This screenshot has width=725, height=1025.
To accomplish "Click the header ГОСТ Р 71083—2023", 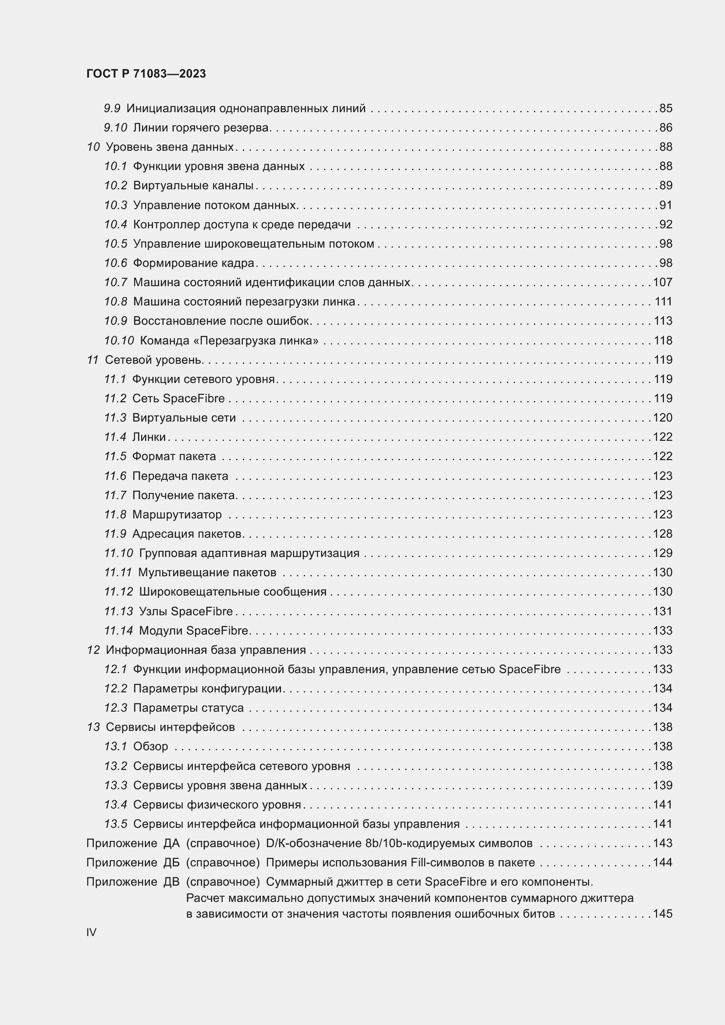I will pos(146,74).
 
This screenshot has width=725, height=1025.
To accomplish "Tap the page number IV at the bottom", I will pos(91,932).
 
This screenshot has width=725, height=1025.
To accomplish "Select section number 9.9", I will pos(112,109).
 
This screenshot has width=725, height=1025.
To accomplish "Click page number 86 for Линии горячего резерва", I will pos(666,128).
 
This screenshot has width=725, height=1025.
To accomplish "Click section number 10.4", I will pos(116,224).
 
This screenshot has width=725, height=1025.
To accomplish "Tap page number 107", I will pos(662,282).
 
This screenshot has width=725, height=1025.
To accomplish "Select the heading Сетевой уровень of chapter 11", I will pos(154,360).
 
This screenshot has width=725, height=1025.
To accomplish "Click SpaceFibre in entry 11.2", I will pos(194,398).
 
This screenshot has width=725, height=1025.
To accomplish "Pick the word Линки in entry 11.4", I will pos(149,437).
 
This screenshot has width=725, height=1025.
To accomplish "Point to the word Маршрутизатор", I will pos(177,514).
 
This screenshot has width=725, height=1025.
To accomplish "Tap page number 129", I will pos(662,553).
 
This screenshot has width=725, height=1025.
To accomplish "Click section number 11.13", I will pos(118,611).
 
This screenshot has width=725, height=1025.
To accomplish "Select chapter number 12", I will pos(93,650).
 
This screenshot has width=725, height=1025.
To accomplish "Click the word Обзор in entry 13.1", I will pos(150,746).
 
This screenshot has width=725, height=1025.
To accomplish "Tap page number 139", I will pos(662,785).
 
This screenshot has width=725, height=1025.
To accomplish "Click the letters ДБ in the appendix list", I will pos(171,862).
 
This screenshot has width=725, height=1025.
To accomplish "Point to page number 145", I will pos(662,913).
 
